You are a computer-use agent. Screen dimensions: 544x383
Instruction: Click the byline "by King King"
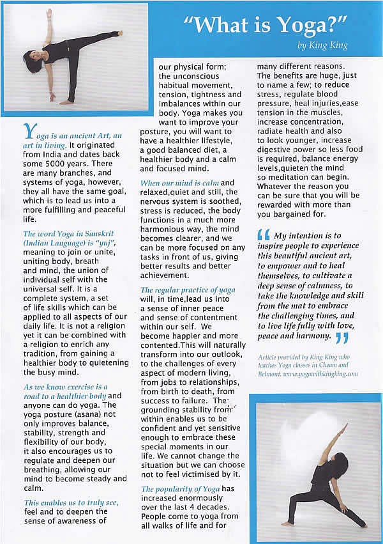324,45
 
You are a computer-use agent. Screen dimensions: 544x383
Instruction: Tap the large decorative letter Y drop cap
29,132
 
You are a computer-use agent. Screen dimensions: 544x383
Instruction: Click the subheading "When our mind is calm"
179,183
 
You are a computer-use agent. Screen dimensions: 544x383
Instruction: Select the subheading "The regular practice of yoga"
188,290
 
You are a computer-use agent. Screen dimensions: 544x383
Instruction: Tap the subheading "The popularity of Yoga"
180,489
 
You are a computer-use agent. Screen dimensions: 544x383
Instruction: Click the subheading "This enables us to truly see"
71,502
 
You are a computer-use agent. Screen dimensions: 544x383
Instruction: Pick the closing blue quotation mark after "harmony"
342,337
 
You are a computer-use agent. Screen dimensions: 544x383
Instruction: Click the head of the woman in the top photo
31,62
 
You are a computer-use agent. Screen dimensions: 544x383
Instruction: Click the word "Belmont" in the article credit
271,374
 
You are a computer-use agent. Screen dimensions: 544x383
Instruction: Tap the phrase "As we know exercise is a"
65,387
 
